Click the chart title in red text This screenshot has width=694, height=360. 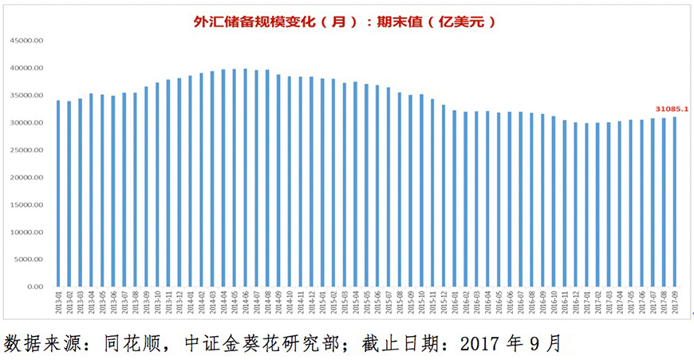point(345,22)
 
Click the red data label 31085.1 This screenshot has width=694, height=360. point(671,109)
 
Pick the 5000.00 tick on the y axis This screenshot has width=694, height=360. point(30,259)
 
